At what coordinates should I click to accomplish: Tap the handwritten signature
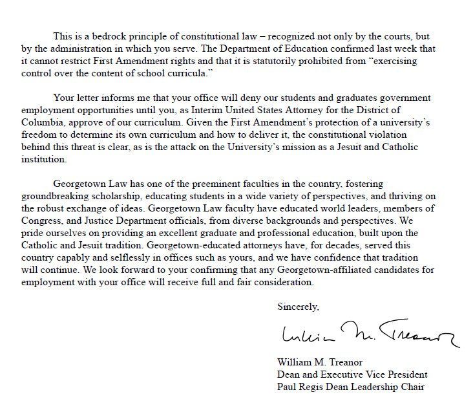(x=368, y=335)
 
